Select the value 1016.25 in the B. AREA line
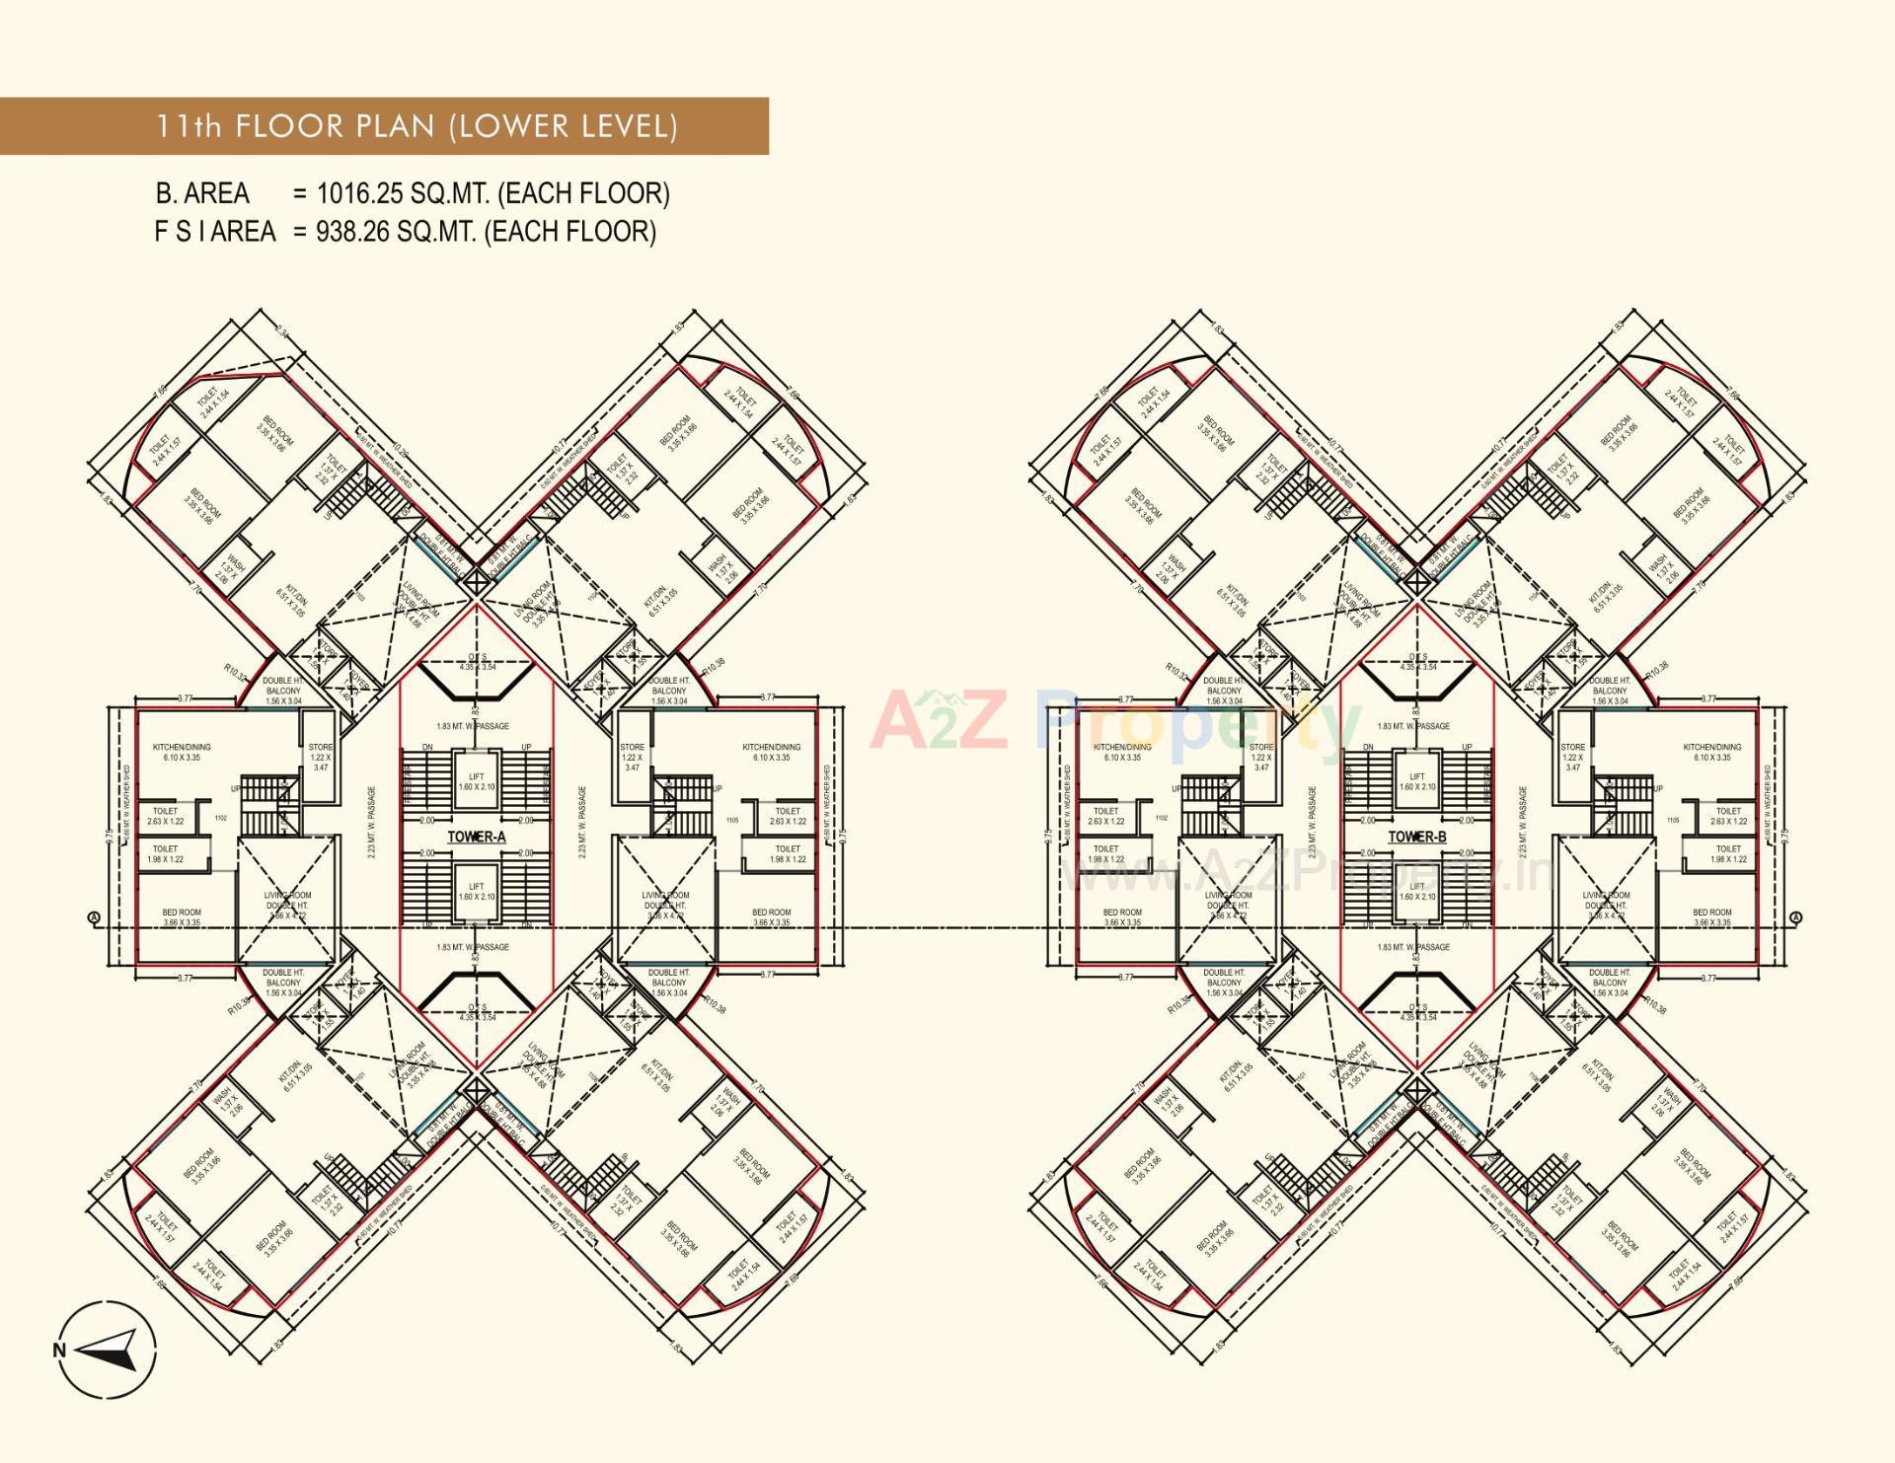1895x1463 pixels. [353, 193]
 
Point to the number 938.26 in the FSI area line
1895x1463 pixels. [353, 232]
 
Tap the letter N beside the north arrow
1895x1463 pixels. [59, 1351]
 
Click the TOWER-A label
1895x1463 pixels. [477, 837]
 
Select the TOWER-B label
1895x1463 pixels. [1417, 837]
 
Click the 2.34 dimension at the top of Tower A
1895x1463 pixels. [282, 333]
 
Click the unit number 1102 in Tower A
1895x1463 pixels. [220, 818]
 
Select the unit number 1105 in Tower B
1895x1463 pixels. [1673, 820]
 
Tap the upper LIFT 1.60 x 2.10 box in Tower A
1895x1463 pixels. [477, 782]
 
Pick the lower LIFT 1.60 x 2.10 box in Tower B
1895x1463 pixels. [1417, 892]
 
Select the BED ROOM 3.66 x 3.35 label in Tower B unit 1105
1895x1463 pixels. [1712, 917]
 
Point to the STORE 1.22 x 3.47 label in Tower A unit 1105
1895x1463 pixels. [633, 757]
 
